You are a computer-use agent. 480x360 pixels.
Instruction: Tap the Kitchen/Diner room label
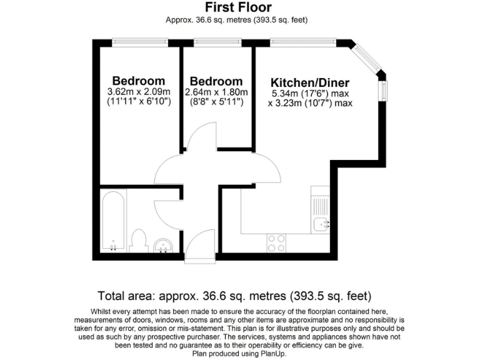(x=309, y=83)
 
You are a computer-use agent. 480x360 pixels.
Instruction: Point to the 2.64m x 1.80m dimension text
(x=216, y=92)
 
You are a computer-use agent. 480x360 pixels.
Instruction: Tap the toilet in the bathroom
(x=140, y=240)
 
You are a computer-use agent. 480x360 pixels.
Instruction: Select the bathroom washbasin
(x=164, y=246)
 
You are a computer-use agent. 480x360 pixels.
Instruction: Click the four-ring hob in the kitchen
(x=276, y=242)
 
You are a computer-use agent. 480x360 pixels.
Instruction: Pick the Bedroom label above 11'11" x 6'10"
(x=139, y=81)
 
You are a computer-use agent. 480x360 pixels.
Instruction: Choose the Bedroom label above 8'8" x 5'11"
(x=216, y=81)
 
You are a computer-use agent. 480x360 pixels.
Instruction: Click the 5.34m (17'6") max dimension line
(x=309, y=94)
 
